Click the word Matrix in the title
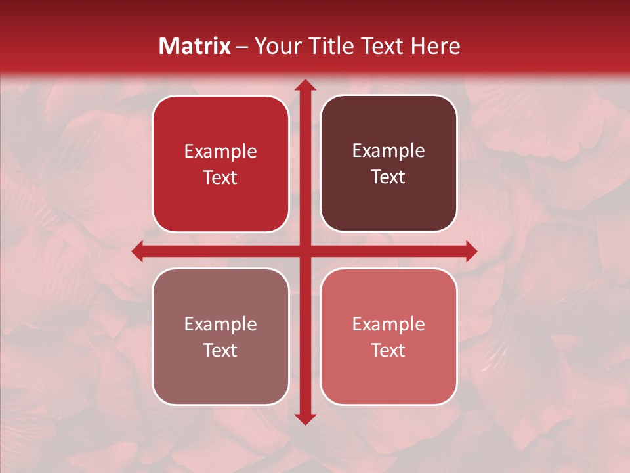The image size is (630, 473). (195, 46)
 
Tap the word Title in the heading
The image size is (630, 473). (330, 46)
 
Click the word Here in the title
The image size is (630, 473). (436, 46)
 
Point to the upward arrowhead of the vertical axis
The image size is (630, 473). (304, 85)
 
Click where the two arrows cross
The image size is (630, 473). (304, 251)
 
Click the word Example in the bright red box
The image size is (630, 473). (220, 152)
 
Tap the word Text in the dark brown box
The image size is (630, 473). (388, 177)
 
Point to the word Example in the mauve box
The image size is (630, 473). (220, 325)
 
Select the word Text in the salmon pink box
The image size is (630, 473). (388, 351)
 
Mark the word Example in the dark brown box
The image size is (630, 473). (388, 151)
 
